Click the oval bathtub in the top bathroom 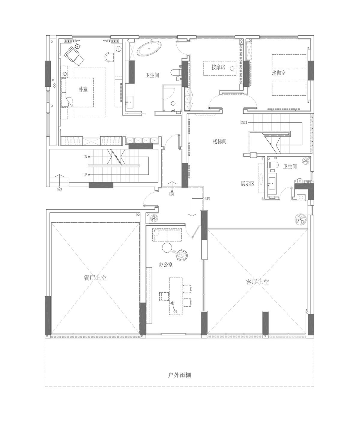pos(149,49)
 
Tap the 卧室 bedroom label pos(83,89)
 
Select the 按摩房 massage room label pos(218,67)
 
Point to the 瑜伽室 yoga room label pos(279,73)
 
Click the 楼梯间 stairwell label pos(220,142)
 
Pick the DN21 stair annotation pos(244,122)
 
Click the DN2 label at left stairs pos(59,190)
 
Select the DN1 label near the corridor pos(172,194)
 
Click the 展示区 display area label pos(247,184)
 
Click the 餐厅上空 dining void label pos(95,278)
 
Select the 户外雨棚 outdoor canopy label pos(179,375)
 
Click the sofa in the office pos(168,235)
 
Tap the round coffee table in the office pos(166,247)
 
